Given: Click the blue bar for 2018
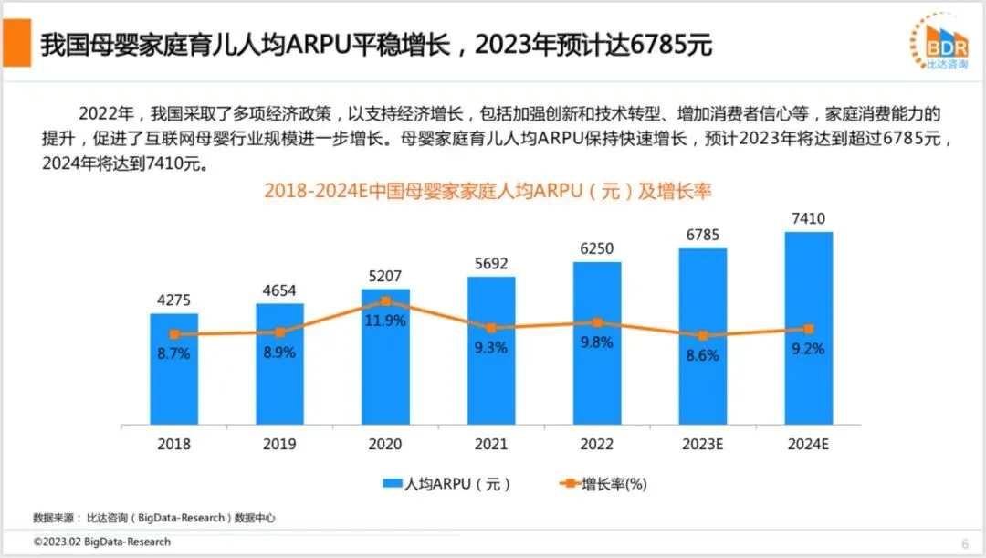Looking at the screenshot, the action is (173, 369).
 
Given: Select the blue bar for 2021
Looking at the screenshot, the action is (491, 351).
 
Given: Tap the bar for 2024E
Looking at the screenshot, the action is (809, 329).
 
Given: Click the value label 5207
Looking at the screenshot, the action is (385, 276).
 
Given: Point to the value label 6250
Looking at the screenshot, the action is (597, 248).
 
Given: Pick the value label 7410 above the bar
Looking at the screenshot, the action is (809, 218).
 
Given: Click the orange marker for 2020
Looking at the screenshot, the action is (385, 301).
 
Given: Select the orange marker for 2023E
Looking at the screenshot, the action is (703, 335).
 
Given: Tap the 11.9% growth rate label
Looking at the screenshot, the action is (385, 321).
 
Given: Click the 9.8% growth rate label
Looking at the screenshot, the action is (597, 342).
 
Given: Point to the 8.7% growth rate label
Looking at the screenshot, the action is (173, 353).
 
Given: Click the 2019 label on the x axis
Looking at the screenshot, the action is (279, 444).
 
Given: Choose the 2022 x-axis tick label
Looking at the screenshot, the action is (597, 444).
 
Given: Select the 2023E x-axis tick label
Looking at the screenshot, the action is (703, 444).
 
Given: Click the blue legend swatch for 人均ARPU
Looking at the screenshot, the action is (393, 483).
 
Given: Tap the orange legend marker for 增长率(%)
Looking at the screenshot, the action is (569, 483).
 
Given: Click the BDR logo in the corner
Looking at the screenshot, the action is (940, 41).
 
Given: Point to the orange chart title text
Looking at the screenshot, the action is (488, 191).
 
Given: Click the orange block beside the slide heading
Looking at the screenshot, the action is (17, 43).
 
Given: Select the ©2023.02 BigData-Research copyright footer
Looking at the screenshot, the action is (102, 542).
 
